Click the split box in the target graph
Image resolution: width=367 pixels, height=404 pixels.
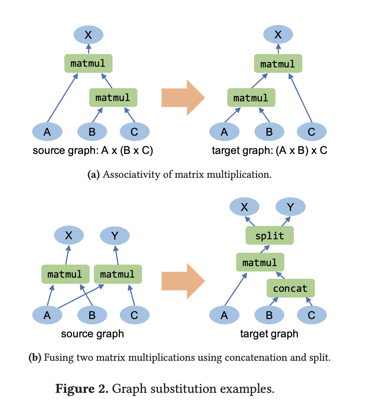(269, 235)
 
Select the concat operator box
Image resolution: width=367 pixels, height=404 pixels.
(291, 288)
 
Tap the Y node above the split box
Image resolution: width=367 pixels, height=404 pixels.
(290, 206)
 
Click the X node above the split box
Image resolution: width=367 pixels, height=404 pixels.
(244, 206)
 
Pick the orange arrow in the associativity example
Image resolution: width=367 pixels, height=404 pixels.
(183, 98)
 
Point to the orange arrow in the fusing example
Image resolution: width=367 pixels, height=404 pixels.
(183, 281)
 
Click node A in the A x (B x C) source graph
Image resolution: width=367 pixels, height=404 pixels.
(47, 132)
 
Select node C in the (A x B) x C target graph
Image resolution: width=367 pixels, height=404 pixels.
(312, 132)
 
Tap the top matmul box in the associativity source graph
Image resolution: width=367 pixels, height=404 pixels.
(88, 63)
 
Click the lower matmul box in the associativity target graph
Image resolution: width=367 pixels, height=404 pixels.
(251, 98)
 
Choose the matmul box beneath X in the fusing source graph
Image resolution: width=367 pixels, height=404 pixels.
(66, 274)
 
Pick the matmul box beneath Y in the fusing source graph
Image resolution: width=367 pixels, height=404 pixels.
(118, 274)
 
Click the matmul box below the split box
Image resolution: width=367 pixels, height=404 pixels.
(260, 262)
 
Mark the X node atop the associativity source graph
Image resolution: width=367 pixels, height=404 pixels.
(88, 35)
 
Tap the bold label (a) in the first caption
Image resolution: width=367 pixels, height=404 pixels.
(93, 175)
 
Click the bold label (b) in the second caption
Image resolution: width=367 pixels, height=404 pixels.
(35, 358)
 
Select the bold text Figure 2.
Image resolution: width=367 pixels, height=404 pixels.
(82, 389)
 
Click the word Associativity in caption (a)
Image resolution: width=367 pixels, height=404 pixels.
(131, 175)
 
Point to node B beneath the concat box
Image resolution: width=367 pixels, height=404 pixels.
(269, 315)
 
